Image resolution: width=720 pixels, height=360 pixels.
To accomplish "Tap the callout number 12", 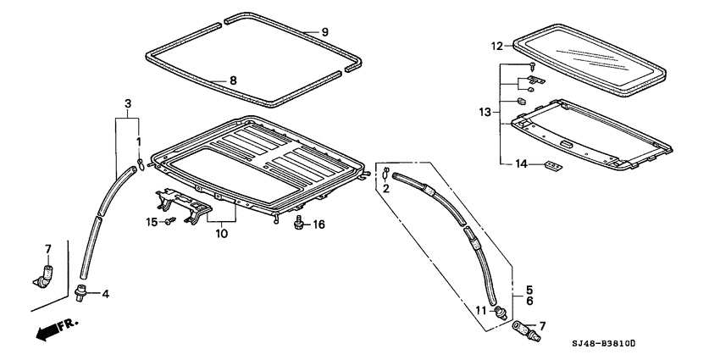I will coord(497,46).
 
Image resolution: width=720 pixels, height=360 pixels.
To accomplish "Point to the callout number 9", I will coord(324,32).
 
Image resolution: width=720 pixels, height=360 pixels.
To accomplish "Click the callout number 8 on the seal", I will coord(234,81).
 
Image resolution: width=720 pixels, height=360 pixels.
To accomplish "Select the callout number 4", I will coord(106,294).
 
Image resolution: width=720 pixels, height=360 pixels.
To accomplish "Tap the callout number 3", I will coord(127,103).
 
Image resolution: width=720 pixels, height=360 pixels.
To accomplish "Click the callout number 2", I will coord(385,188).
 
